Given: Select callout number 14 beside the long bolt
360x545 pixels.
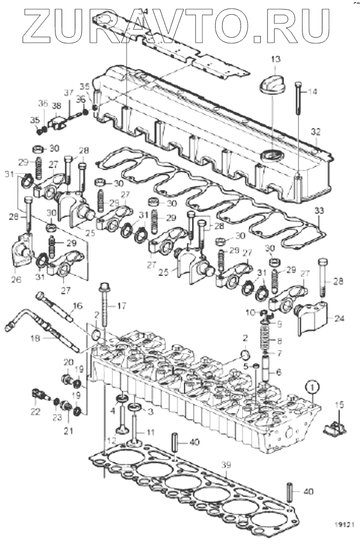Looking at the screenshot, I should pyautogui.click(x=312, y=92).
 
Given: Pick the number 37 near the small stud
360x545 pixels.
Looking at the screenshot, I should pyautogui.click(x=68, y=92).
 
